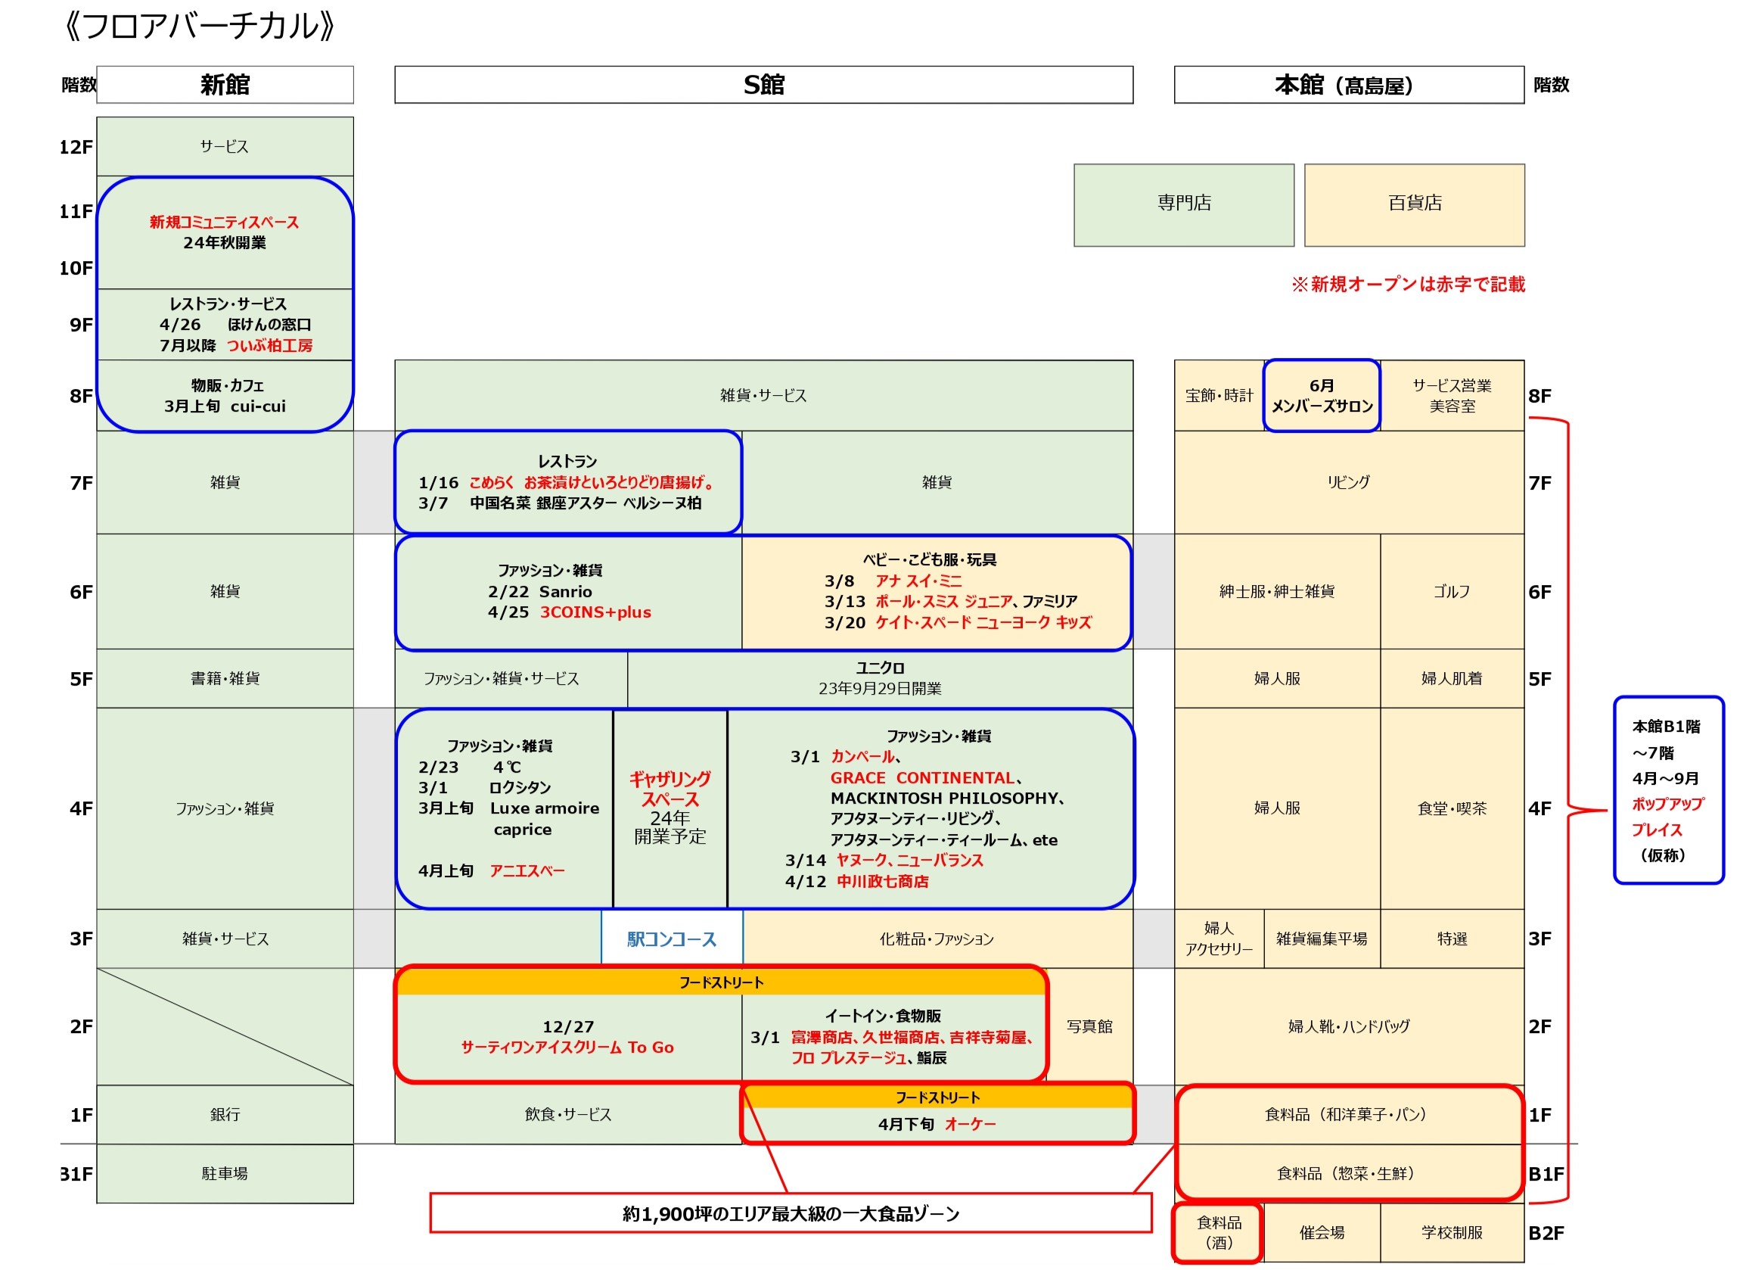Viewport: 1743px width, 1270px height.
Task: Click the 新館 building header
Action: click(x=225, y=85)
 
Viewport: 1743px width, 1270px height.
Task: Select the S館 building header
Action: click(x=764, y=85)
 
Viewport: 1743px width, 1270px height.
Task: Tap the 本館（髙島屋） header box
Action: click(x=1349, y=85)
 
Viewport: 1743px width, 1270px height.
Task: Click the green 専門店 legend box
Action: click(x=1184, y=205)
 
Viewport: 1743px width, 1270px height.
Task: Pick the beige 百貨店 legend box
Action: click(x=1415, y=205)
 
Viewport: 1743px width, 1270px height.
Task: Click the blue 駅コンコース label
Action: click(x=672, y=939)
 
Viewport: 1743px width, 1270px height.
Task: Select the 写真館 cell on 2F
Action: click(x=1090, y=1027)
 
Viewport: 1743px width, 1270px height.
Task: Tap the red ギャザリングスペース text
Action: click(x=670, y=789)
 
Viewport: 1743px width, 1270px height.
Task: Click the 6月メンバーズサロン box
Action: click(x=1322, y=396)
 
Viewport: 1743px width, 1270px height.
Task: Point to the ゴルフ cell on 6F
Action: click(x=1452, y=592)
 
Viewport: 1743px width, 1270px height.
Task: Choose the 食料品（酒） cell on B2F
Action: click(x=1219, y=1233)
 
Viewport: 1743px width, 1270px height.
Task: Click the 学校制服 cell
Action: click(x=1452, y=1233)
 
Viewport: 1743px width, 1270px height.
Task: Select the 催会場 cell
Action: click(x=1322, y=1233)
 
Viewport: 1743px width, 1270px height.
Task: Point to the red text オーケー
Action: click(x=970, y=1125)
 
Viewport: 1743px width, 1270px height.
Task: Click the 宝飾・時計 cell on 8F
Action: click(x=1219, y=396)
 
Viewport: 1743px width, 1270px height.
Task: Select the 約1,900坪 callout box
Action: click(x=791, y=1214)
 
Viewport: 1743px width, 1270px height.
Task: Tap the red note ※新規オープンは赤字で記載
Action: click(x=1408, y=285)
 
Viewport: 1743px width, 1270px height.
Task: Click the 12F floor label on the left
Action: click(x=76, y=147)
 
